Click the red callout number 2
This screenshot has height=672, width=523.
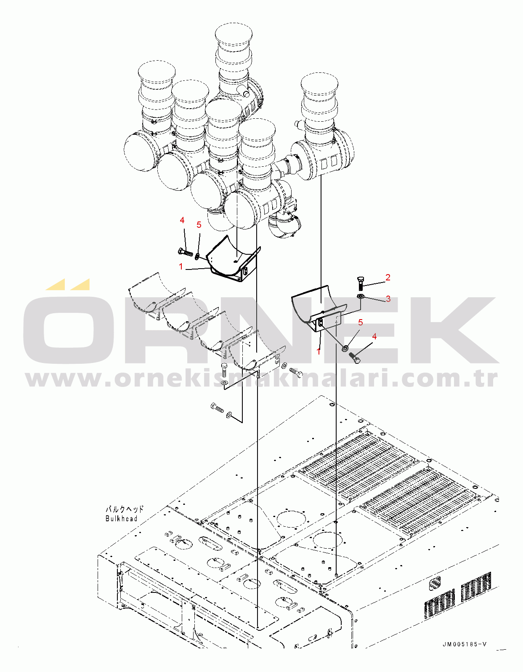tap(388, 277)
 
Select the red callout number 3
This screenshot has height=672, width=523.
tap(388, 299)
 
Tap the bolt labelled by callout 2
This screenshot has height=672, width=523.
tap(361, 283)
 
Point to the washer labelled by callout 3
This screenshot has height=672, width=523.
tap(361, 297)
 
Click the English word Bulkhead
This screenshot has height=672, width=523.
tap(121, 519)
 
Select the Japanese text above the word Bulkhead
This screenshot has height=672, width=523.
tap(124, 509)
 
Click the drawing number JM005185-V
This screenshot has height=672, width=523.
tap(465, 644)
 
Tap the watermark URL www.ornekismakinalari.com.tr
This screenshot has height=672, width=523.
tap(261, 379)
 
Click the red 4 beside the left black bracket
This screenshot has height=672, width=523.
tap(182, 220)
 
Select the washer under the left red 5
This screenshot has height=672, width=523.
tap(197, 256)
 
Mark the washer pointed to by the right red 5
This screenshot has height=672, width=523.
tap(345, 348)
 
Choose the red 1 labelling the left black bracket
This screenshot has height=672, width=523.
tap(181, 267)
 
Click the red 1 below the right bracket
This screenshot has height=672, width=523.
tap(319, 351)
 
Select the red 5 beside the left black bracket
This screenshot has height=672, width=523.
tap(199, 225)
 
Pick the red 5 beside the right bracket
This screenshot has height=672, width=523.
tap(360, 323)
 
